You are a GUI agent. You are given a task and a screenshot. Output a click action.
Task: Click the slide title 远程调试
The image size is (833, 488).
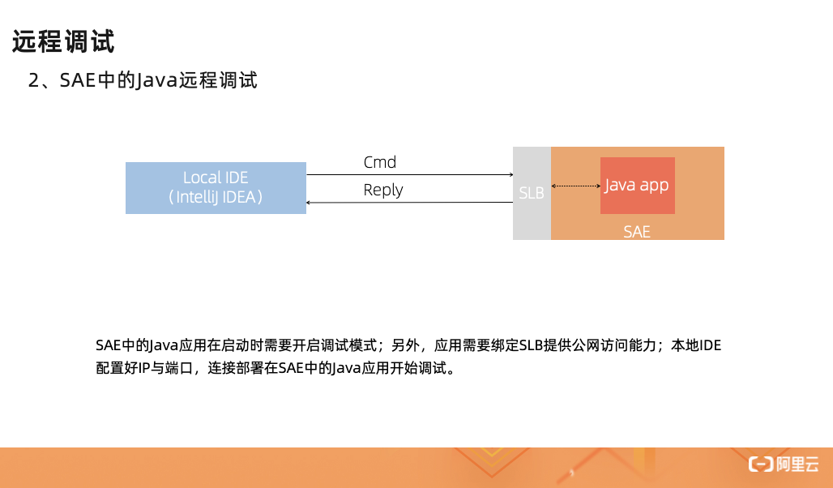pos(63,41)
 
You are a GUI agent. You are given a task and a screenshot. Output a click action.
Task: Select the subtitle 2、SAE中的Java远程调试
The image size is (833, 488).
pos(143,80)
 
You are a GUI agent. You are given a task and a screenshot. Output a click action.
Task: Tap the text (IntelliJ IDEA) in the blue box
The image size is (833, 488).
pos(216,197)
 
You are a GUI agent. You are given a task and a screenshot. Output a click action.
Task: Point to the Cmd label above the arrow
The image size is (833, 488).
pos(379,162)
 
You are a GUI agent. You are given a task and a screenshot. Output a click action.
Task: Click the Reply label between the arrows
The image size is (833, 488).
pos(383,190)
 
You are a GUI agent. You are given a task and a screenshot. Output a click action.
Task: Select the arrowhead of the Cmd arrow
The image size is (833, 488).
pos(510,174)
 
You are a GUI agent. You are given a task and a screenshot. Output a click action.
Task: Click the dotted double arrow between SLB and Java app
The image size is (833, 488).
pos(575,186)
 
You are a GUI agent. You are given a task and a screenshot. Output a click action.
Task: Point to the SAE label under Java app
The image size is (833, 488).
pos(637,232)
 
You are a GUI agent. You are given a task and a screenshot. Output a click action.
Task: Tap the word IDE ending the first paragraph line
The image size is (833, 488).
pos(710,345)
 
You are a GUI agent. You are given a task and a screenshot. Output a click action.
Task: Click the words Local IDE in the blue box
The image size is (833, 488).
pos(216,178)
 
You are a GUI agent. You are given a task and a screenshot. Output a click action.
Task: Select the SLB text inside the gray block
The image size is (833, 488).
pos(532,194)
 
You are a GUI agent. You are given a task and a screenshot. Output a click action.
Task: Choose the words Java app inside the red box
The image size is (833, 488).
pos(637,185)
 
